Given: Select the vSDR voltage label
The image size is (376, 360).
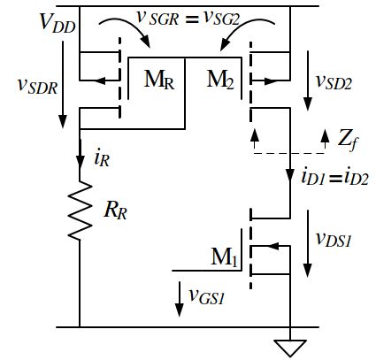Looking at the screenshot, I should click(x=35, y=85).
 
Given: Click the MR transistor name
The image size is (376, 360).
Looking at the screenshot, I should click(x=158, y=80).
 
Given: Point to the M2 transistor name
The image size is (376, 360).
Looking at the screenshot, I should click(x=222, y=80).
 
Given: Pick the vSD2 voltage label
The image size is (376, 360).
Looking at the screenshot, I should click(x=334, y=83).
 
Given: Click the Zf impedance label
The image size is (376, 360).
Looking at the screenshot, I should click(x=348, y=136).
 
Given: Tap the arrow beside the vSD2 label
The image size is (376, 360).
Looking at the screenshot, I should click(x=308, y=79).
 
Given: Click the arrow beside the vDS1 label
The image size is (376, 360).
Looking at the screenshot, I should click(x=309, y=242).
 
